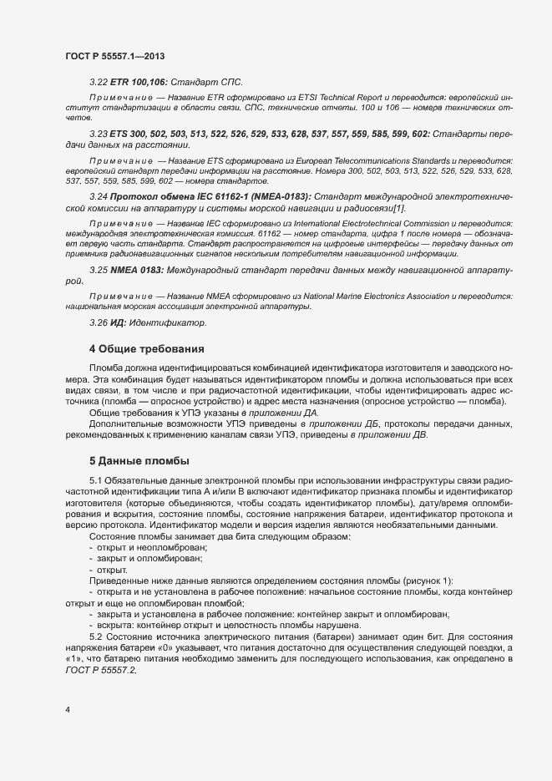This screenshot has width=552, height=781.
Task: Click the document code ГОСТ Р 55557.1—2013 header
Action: pyautogui.click(x=114, y=56)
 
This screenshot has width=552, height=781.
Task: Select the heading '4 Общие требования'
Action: pyautogui.click(x=147, y=347)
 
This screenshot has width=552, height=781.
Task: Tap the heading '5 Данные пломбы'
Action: pyautogui.click(x=140, y=460)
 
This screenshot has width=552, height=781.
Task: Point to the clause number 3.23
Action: pyautogui.click(x=98, y=133)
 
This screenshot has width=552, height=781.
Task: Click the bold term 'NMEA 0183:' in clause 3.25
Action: pyautogui.click(x=136, y=271)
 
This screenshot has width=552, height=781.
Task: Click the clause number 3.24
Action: pyautogui.click(x=98, y=194)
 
